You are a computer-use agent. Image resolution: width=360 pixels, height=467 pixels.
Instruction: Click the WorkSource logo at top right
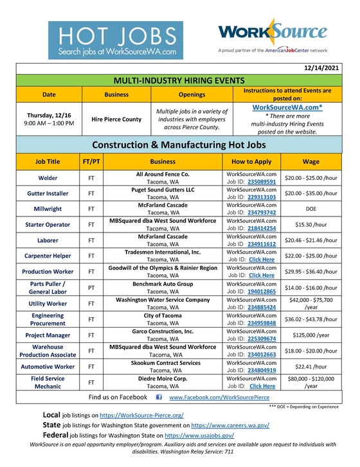[273, 36]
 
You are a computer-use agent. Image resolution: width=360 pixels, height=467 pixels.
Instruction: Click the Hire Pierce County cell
[116, 119]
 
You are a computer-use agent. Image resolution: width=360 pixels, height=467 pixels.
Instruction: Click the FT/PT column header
[91, 163]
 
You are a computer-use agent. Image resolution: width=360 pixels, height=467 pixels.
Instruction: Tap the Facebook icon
[159, 398]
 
